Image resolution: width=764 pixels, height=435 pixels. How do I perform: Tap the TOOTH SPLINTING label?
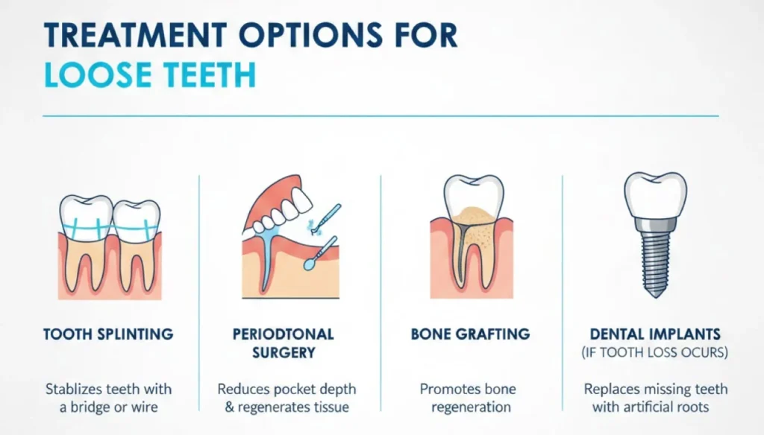(x=108, y=334)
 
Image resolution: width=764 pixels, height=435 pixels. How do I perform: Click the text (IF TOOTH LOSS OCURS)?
(x=655, y=352)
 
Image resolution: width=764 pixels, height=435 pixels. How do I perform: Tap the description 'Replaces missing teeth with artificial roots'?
(x=655, y=398)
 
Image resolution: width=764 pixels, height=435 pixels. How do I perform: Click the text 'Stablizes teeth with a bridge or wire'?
(x=108, y=398)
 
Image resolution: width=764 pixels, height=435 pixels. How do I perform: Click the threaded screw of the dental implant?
(x=654, y=257)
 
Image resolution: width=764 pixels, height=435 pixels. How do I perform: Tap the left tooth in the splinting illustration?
(x=86, y=238)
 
